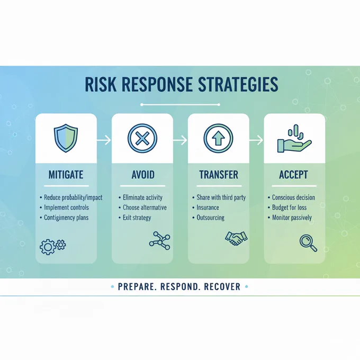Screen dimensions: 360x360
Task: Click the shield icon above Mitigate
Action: (66, 138)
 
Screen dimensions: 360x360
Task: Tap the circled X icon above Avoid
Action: (142, 139)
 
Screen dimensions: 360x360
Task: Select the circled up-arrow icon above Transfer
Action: (218, 139)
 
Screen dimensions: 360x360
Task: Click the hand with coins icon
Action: (294, 139)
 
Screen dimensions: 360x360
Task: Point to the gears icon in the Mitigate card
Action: (53, 247)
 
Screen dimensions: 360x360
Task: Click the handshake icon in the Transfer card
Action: (236, 238)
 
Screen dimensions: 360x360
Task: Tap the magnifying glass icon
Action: (308, 244)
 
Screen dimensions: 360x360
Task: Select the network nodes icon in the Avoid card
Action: (160, 240)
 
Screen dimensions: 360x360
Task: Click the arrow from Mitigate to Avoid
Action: (104, 140)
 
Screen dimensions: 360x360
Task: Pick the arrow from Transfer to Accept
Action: (256, 140)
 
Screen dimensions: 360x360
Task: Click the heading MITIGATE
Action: (66, 175)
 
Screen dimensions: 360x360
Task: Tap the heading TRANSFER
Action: (219, 175)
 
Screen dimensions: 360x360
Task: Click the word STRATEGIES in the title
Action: (238, 84)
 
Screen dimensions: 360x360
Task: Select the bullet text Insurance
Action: (208, 208)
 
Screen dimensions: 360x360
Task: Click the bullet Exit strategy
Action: (137, 218)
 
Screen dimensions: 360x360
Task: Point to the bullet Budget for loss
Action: (289, 208)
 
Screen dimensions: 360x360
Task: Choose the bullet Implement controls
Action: (66, 208)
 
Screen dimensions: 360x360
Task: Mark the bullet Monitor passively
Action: (292, 218)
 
